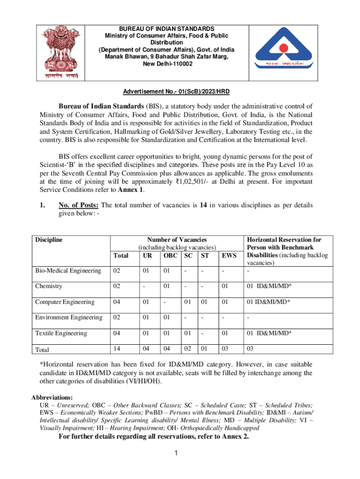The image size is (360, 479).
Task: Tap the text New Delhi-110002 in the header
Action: (166, 64)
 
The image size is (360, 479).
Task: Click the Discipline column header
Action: (49, 240)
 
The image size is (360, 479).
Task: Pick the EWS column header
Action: (229, 256)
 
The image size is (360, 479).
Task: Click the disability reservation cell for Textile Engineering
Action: (269, 333)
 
